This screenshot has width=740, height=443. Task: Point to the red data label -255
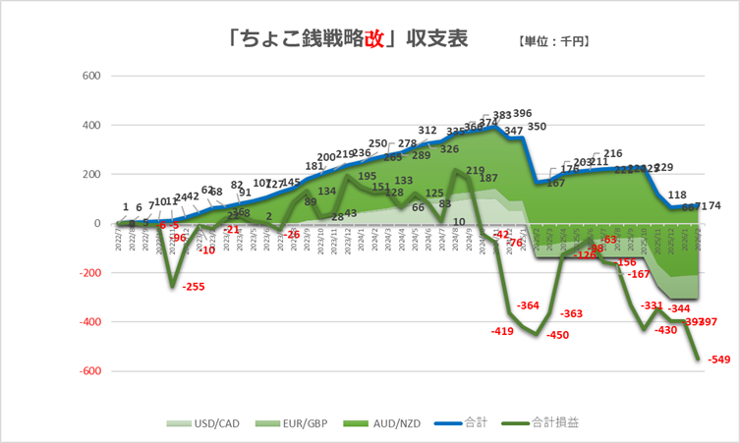coord(194,287)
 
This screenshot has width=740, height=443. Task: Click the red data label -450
coord(557,335)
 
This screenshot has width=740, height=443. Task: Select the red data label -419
coord(502,331)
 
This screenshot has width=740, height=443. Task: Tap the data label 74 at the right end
coord(713,205)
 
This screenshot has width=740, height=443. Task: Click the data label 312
coord(427,130)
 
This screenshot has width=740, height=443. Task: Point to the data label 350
coord(537,127)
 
